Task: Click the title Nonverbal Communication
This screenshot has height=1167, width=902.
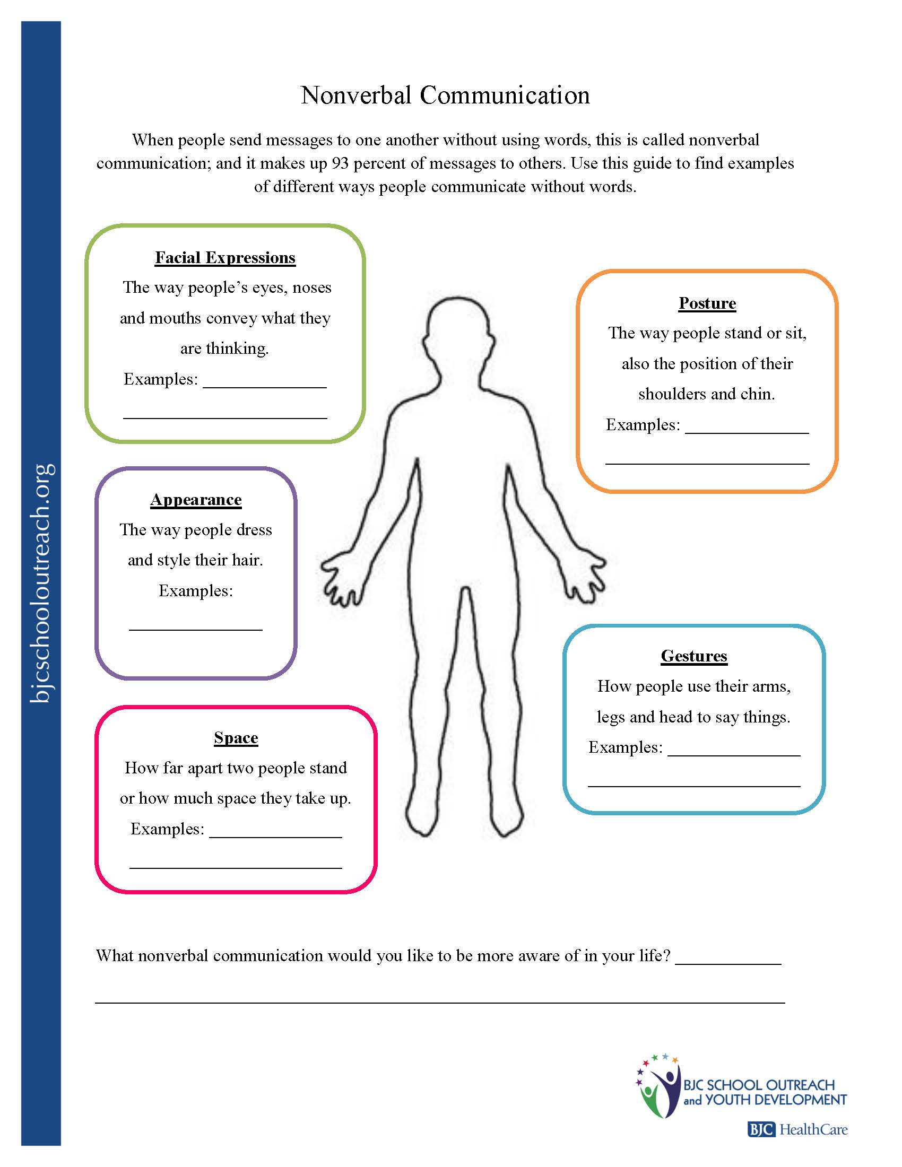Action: pyautogui.click(x=445, y=95)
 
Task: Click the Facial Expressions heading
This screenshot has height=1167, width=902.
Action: pyautogui.click(x=225, y=258)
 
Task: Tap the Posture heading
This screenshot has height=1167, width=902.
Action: pyautogui.click(x=707, y=303)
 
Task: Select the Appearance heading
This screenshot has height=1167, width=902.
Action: pyautogui.click(x=196, y=499)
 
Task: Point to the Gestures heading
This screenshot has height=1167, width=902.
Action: pyautogui.click(x=693, y=656)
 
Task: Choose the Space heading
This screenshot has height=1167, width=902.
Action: pyautogui.click(x=236, y=737)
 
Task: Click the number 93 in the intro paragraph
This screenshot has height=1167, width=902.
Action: pyautogui.click(x=340, y=163)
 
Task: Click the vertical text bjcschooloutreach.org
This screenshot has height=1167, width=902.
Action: pyautogui.click(x=41, y=582)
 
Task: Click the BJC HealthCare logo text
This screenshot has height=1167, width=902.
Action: pyautogui.click(x=797, y=1129)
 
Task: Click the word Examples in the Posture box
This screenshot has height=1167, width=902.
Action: pyautogui.click(x=643, y=425)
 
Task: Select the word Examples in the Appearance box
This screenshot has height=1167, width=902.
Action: pyautogui.click(x=196, y=590)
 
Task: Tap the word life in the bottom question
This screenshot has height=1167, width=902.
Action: pyautogui.click(x=653, y=955)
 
